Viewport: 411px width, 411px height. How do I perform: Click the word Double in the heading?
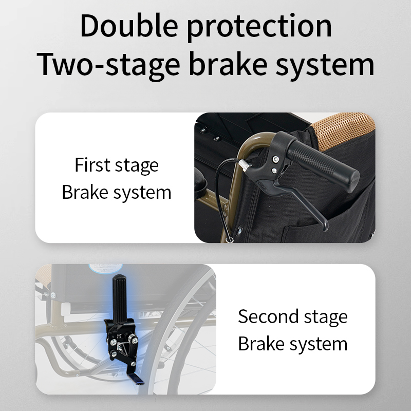[x=129, y=26]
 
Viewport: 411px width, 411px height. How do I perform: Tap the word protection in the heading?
[x=259, y=28]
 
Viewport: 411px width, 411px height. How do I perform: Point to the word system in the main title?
[x=325, y=66]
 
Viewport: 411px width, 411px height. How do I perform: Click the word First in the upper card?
[x=92, y=164]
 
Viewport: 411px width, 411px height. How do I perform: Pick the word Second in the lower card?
[x=268, y=316]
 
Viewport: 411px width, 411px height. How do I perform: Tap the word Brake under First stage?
[x=85, y=192]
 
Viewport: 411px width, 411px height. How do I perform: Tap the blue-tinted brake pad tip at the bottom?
[x=136, y=379]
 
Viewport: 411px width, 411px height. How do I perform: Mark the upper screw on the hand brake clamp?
[x=275, y=159]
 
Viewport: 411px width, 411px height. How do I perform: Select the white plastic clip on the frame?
[x=66, y=309]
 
